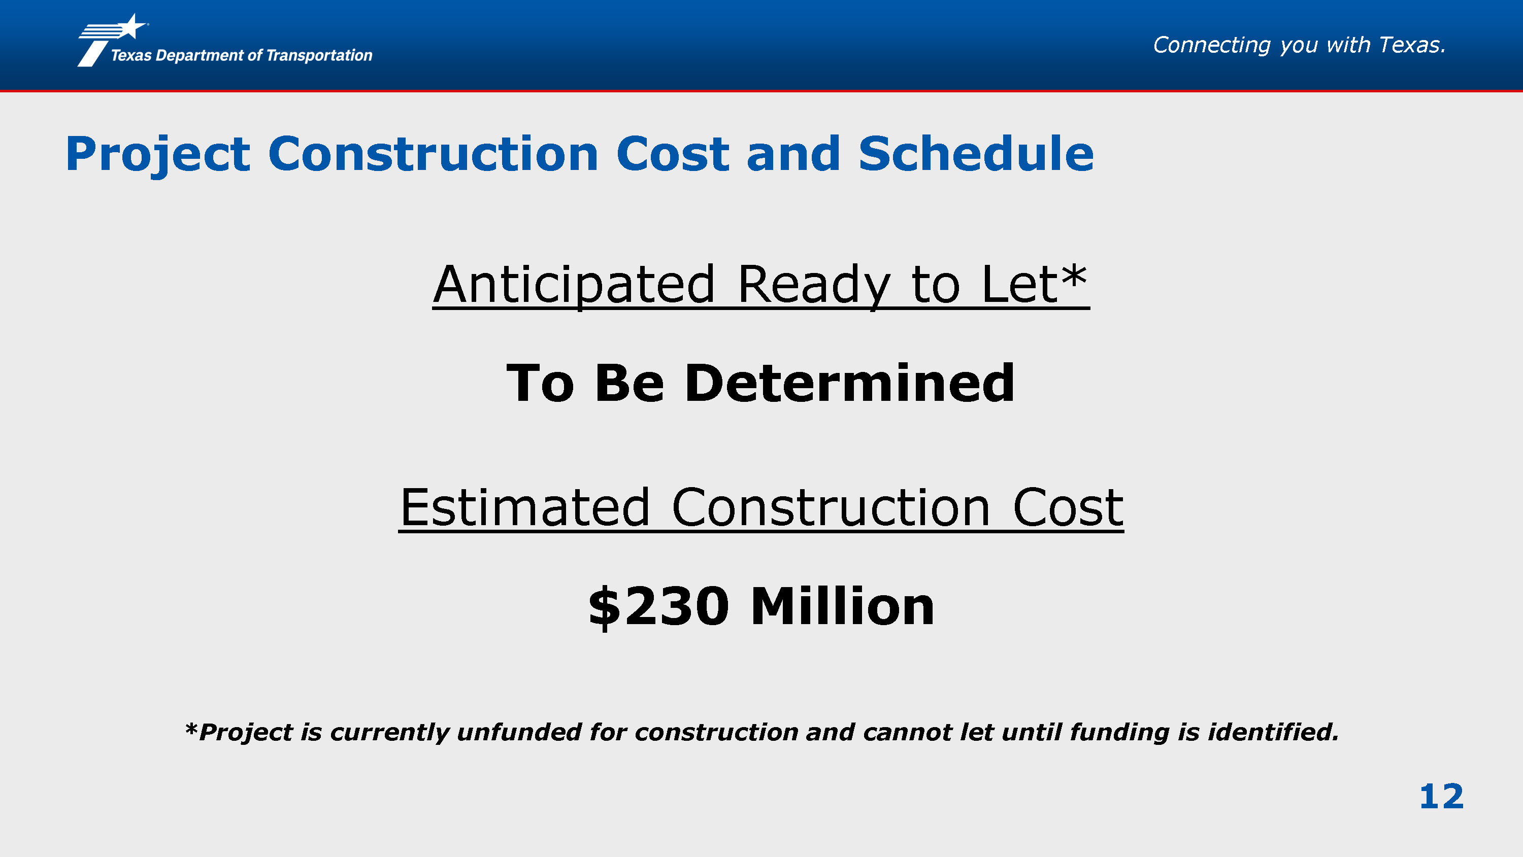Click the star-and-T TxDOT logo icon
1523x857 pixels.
pyautogui.click(x=112, y=40)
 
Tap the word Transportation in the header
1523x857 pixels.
pyautogui.click(x=319, y=55)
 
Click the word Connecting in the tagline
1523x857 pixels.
pyautogui.click(x=1211, y=46)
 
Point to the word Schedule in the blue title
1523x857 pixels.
pyautogui.click(x=976, y=154)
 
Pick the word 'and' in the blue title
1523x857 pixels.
pyautogui.click(x=793, y=154)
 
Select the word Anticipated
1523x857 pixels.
pyautogui.click(x=574, y=286)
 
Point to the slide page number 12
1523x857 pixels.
pyautogui.click(x=1441, y=796)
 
